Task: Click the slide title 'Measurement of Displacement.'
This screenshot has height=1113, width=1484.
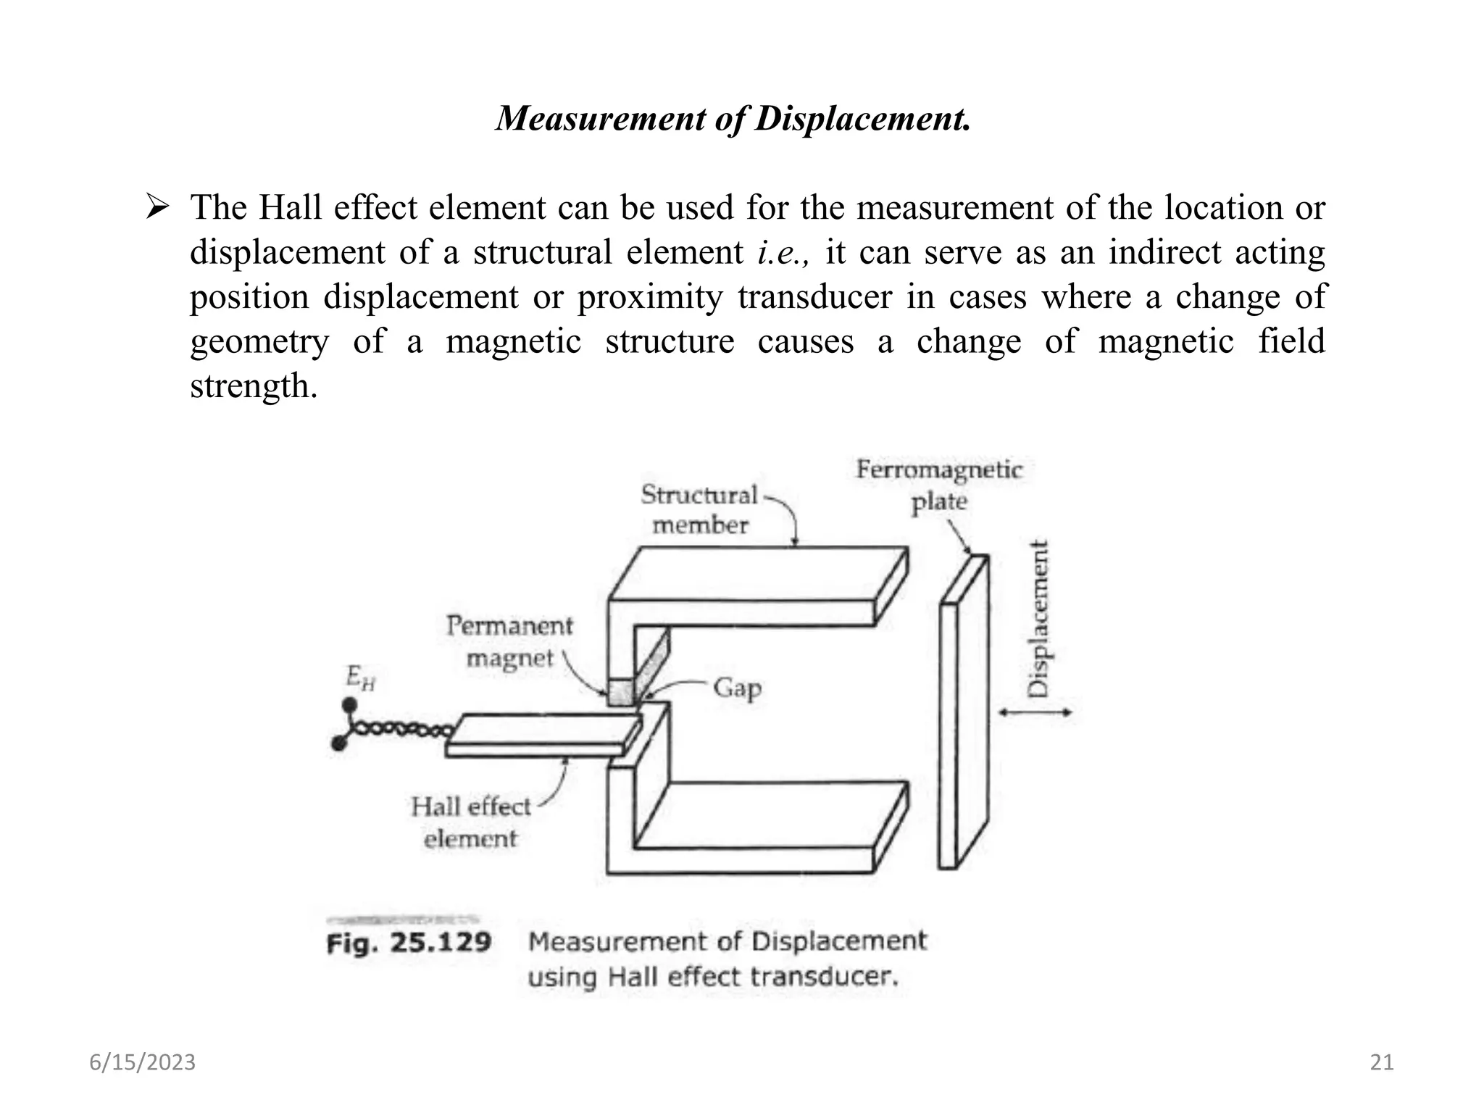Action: point(733,118)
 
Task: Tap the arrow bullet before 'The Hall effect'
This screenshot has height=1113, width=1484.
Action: point(157,208)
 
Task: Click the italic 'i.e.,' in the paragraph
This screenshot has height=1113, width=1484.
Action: point(783,253)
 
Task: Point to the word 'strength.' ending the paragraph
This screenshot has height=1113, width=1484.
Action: point(254,386)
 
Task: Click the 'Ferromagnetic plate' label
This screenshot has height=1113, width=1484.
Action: point(939,485)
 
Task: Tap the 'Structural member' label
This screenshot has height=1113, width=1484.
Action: point(699,509)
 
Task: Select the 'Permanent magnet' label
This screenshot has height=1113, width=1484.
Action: point(509,641)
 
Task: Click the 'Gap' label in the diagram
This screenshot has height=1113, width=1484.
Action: point(737,687)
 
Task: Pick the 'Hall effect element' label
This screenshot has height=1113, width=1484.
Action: point(471,822)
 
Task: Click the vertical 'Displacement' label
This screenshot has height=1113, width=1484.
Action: point(1039,619)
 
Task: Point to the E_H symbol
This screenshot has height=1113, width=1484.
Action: point(360,678)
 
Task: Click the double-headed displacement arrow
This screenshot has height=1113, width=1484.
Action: point(1035,712)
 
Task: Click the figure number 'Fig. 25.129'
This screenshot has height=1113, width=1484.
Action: point(409,943)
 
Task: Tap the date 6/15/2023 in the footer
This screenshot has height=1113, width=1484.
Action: point(143,1062)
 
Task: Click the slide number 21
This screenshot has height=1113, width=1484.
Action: point(1381,1062)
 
